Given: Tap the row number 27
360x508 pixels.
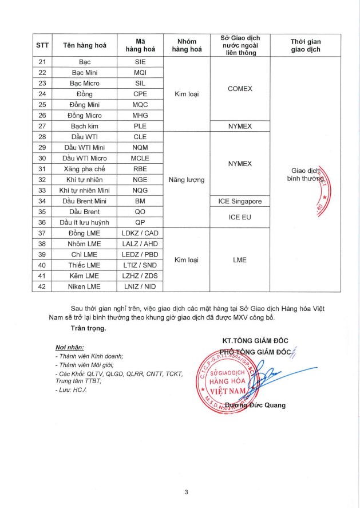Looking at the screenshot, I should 41,125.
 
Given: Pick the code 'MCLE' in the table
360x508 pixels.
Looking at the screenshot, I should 140,158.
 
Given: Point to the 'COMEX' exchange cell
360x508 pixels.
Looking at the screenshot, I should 240,89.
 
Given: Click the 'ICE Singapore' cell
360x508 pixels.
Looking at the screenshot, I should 240,201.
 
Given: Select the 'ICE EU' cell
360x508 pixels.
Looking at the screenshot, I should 240,217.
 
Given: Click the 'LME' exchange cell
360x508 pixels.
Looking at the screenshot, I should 240,260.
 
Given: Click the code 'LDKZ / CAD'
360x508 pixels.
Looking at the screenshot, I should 140,233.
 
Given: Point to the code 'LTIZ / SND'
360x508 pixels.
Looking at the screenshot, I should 140,265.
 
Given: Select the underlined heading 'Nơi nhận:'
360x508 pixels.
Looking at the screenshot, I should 69,347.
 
